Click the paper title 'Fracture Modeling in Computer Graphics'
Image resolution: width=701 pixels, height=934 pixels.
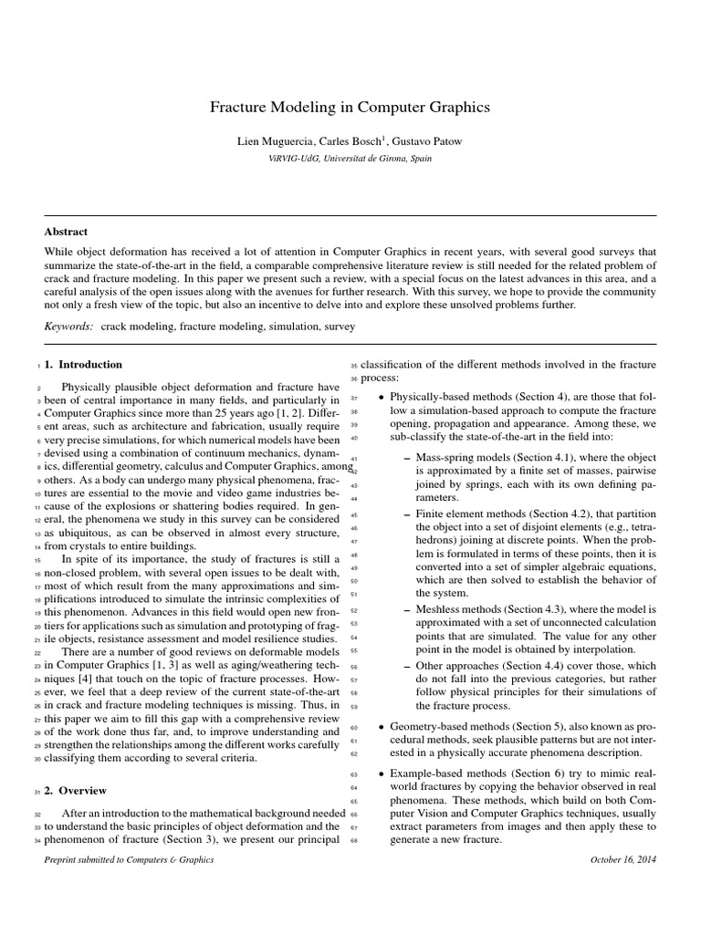[x=350, y=108]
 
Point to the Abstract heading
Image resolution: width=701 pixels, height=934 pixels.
[x=66, y=232]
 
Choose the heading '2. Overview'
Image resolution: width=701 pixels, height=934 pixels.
[x=76, y=791]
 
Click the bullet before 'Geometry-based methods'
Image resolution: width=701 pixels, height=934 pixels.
[x=381, y=728]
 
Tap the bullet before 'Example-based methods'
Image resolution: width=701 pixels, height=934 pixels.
[x=381, y=774]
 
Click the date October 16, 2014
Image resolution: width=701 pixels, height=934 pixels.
[x=623, y=859]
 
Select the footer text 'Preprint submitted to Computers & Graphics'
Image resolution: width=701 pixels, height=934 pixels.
[x=129, y=859]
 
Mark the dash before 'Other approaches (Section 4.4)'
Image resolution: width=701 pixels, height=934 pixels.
[x=406, y=667]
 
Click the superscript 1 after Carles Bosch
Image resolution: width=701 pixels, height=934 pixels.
[x=384, y=138]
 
